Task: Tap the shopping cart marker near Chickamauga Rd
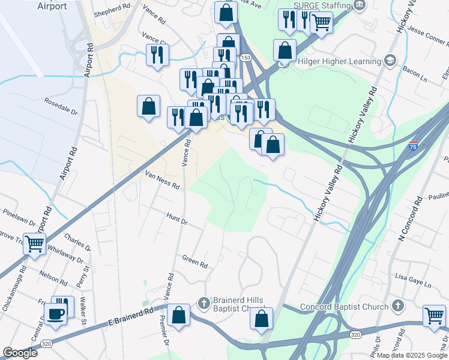34,244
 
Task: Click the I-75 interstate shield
413,146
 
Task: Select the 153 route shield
246,57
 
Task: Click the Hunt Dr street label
176,221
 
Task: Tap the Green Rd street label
195,261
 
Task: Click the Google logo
20,353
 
